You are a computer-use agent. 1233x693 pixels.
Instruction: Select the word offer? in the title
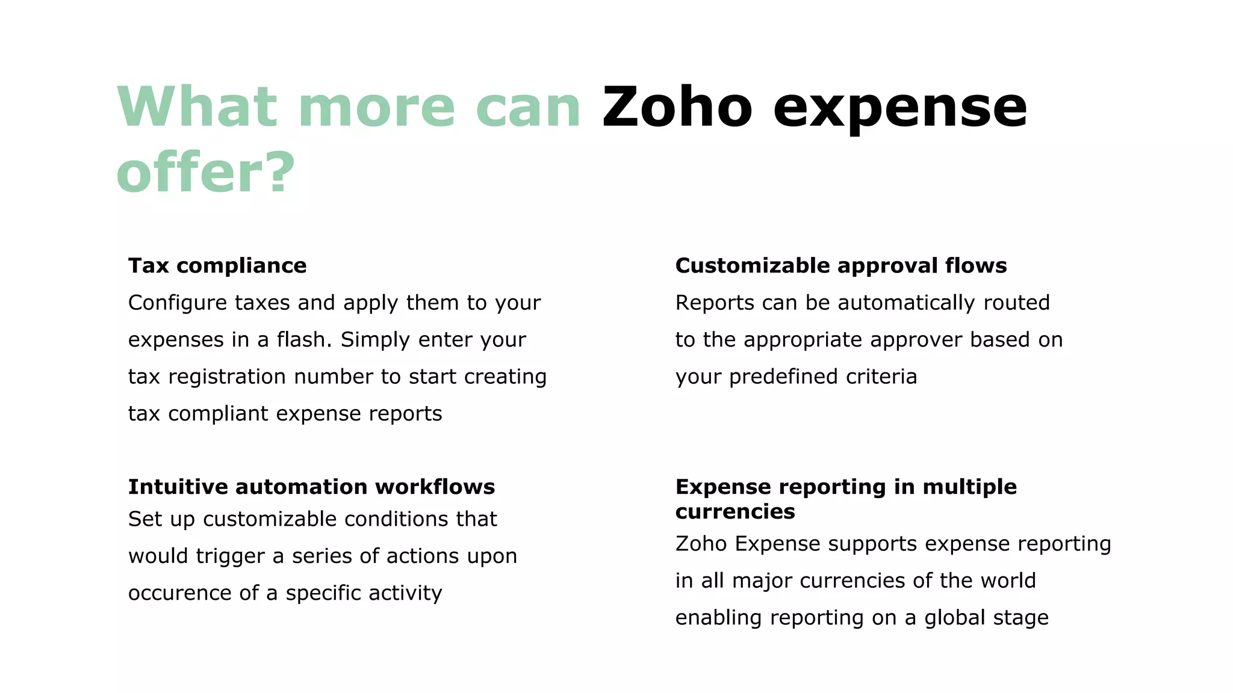click(x=205, y=173)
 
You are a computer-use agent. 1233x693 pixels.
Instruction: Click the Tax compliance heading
click(x=217, y=265)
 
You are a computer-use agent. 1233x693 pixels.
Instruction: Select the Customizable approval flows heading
click(x=840, y=265)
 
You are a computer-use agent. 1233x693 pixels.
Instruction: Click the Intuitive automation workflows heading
click(x=311, y=487)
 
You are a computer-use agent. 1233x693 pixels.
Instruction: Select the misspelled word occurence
click(x=179, y=593)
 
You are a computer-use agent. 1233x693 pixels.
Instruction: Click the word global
click(x=954, y=618)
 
